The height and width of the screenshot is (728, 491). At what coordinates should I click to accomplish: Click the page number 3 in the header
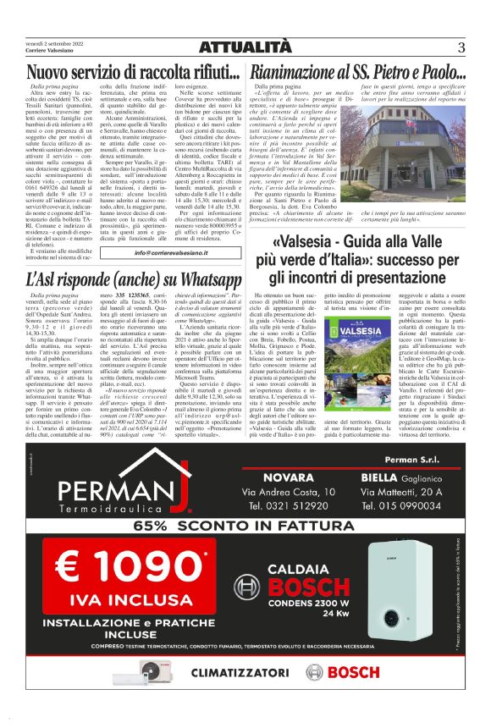[462, 47]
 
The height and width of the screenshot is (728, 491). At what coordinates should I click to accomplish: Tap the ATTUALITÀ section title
[245, 47]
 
